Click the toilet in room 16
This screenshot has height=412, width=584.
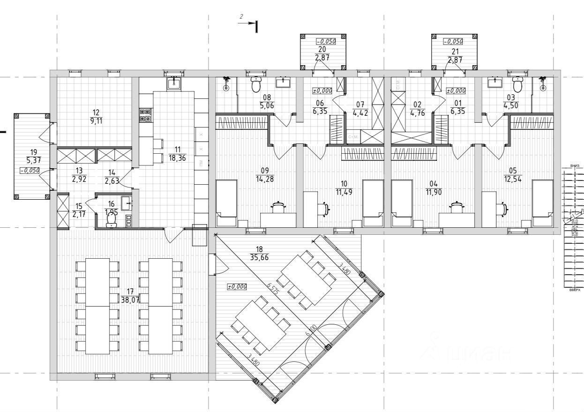112,219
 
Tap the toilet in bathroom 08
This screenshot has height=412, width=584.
256,85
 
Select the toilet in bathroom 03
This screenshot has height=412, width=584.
517,85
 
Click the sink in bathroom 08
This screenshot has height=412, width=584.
284,82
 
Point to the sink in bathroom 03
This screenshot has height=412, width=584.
495,82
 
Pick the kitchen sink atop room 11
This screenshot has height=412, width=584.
174,83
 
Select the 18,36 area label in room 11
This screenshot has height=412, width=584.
178,158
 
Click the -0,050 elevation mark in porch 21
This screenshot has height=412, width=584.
453,41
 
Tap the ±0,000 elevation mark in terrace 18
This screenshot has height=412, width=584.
237,287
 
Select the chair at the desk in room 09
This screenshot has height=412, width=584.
279,206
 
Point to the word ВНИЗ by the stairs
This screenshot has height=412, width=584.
575,166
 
